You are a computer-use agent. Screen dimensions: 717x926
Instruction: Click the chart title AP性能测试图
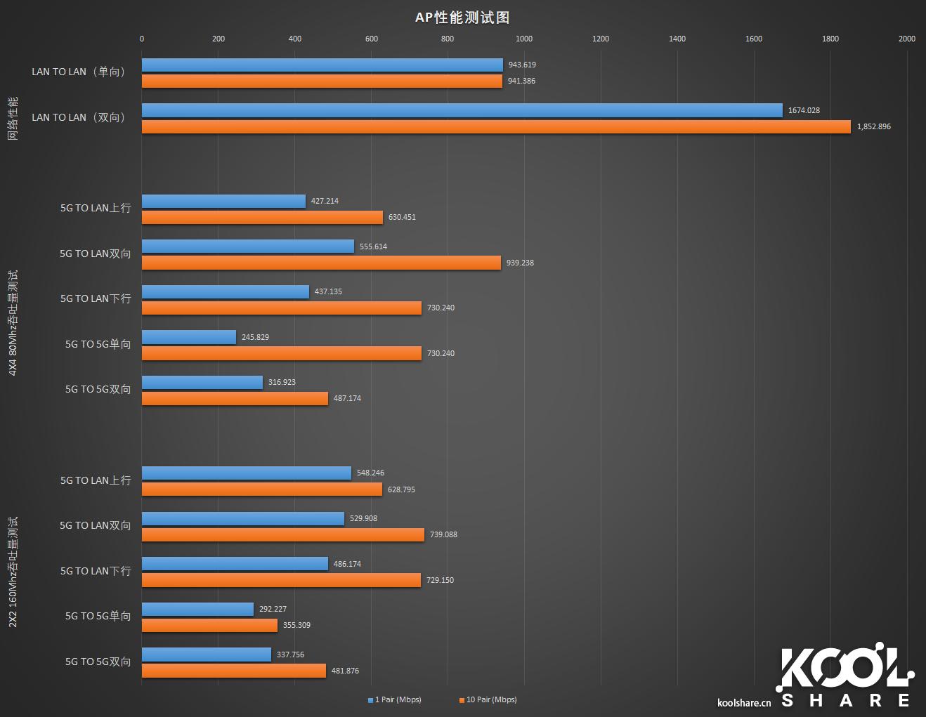[x=462, y=18]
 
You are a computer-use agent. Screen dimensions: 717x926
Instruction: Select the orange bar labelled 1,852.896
[x=495, y=126]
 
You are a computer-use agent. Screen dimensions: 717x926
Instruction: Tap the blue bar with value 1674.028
[x=462, y=110]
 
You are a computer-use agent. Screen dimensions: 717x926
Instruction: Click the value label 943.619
[x=522, y=65]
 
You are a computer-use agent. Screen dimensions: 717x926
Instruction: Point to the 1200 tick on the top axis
[x=601, y=39]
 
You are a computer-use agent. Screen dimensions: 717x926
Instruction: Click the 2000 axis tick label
[x=906, y=39]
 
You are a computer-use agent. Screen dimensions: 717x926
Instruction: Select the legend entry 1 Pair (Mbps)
[x=395, y=699]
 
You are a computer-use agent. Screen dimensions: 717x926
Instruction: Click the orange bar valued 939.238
[x=321, y=263]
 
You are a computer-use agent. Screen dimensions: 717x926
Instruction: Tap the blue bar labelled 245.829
[x=189, y=337]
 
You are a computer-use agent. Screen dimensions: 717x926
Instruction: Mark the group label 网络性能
[x=13, y=118]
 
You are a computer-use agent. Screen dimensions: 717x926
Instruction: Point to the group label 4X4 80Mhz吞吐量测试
[x=13, y=322]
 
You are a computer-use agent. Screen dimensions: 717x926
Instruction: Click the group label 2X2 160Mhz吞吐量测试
[x=13, y=572]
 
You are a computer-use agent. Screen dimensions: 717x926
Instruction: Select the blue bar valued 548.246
[x=246, y=473]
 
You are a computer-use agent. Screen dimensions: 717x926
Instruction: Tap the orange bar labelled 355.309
[x=209, y=625]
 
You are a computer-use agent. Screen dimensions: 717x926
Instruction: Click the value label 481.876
[x=345, y=671]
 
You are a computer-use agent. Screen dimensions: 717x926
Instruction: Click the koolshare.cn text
[x=744, y=702]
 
